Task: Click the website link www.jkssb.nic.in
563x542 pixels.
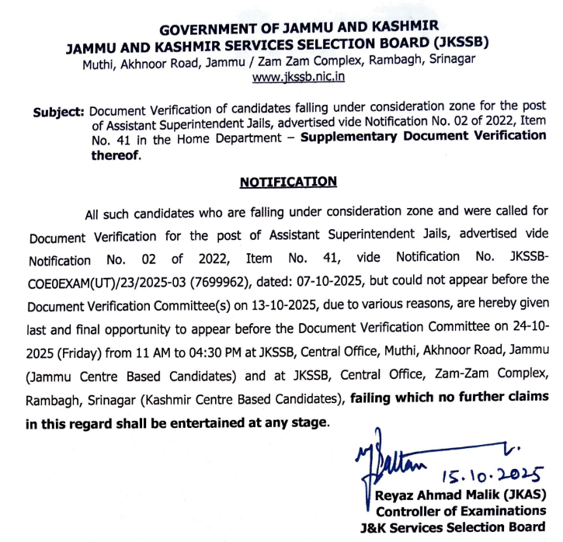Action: pos(298,77)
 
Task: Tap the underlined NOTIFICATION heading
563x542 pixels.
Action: pos(288,182)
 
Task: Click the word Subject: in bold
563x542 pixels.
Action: pos(58,112)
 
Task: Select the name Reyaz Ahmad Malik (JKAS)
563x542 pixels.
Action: pos(461,495)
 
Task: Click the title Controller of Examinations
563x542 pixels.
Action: pos(460,510)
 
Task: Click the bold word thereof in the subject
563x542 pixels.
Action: pos(115,154)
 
